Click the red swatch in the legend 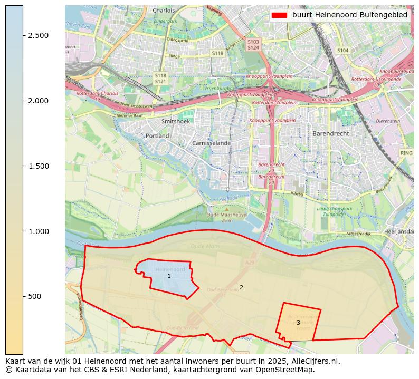pos(279,15)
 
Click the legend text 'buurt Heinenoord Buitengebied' pos(349,15)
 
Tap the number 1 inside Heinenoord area pos(169,276)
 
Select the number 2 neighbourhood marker pos(241,287)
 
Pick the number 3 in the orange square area pos(298,323)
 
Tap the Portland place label pos(157,136)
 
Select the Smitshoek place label pos(175,121)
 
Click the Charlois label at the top pos(163,10)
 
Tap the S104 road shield pos(342,51)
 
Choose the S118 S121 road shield pos(160,79)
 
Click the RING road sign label pos(406,153)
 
